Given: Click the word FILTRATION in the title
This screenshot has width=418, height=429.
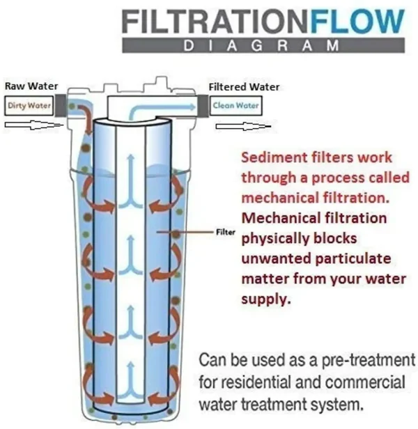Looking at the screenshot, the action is (215, 21).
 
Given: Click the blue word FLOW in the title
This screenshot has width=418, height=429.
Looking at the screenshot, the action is (357, 21).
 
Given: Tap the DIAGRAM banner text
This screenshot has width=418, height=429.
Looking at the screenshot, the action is (261, 45).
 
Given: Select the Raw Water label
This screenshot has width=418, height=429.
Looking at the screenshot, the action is (31, 86).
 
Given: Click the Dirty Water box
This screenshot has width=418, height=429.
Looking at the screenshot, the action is (29, 105).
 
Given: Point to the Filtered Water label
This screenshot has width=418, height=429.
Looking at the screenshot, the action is (244, 87).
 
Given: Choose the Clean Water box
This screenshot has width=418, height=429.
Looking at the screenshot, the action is (235, 106).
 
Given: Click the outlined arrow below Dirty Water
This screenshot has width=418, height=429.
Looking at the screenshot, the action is (33, 125).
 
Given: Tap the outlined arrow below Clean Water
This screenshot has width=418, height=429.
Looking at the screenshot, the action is (243, 127).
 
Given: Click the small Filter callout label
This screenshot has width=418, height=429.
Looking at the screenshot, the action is (226, 233).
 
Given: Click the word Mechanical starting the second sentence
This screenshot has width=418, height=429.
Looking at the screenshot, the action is (281, 218).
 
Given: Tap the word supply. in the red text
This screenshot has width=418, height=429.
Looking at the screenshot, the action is (265, 299).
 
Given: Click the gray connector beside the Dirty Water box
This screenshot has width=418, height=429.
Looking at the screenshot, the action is (60, 106).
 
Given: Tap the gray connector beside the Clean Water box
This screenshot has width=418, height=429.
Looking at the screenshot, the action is (203, 106).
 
